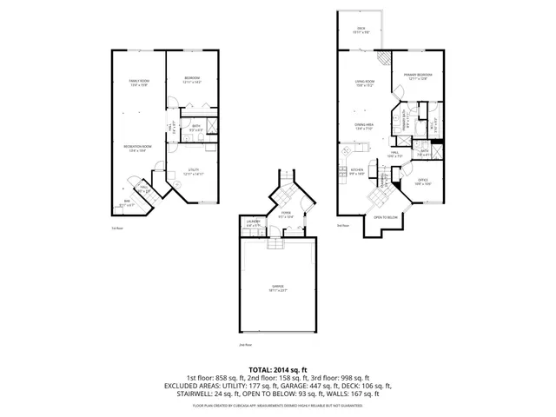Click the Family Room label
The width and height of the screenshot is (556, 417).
pos(139,83)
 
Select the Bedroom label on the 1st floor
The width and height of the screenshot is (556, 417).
pos(193,80)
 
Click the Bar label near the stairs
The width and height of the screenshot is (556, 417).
pos(127,203)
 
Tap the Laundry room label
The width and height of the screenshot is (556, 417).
pos(253,224)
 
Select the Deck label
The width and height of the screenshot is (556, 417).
pos(361,30)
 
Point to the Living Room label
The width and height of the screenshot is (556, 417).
pos(363,84)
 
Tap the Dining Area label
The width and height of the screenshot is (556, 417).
pos(363,127)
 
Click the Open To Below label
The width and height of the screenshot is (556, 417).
pos(386,217)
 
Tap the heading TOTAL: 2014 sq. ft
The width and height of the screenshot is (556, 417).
pos(278,369)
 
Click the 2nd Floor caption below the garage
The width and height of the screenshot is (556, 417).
pos(244,346)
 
